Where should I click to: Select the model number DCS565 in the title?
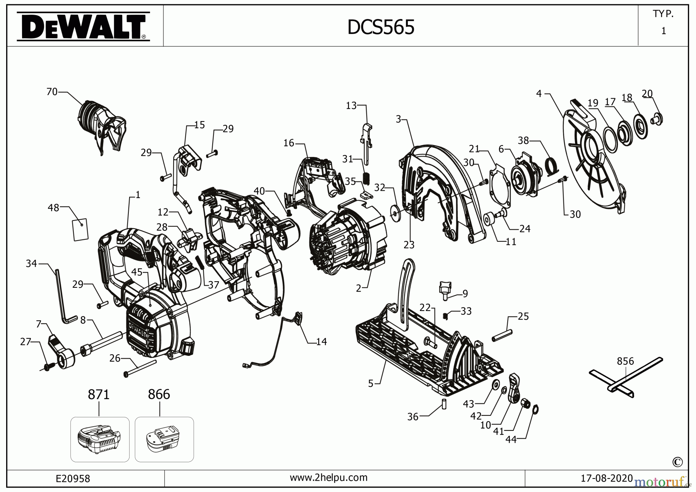click(381, 27)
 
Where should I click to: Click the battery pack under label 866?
click(164, 440)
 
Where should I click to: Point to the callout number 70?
click(52, 92)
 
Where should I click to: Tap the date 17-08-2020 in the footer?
click(606, 478)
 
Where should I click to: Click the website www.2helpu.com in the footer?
click(329, 478)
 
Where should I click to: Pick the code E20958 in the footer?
click(73, 478)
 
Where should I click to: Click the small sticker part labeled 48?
click(80, 229)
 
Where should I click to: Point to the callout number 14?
click(321, 342)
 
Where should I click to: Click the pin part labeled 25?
click(502, 335)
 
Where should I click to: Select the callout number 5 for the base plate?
click(370, 384)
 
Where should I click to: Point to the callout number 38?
click(523, 140)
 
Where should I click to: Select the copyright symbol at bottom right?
click(677, 462)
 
